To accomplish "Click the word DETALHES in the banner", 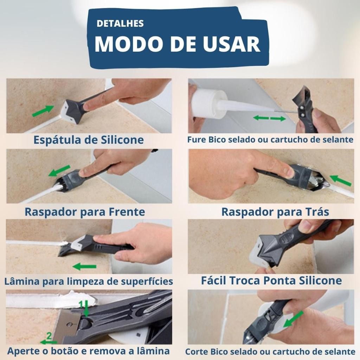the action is click(120, 24).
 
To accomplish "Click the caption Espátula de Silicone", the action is click(89, 140).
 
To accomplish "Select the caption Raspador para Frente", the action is click(85, 212).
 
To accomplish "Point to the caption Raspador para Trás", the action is click(275, 212).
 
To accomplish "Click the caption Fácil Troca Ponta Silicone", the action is click(271, 280).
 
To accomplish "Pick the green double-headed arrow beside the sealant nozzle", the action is click(269, 118).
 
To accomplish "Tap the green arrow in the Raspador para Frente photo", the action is click(59, 171).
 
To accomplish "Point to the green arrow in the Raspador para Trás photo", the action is click(341, 180).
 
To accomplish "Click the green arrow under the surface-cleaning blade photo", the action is click(84, 266).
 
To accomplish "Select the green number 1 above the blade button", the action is click(81, 304).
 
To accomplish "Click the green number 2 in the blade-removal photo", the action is click(49, 336).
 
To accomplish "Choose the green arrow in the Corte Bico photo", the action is click(294, 319).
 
